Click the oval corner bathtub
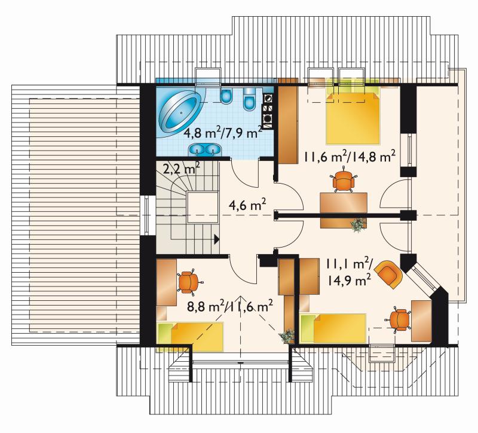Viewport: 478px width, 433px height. click(x=180, y=113)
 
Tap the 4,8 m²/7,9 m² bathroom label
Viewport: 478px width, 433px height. click(x=223, y=133)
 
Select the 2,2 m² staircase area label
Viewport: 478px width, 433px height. click(x=182, y=168)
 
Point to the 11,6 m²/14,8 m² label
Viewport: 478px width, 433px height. click(x=350, y=157)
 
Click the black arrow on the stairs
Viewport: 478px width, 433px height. click(x=217, y=239)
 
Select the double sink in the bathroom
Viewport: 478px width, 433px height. click(x=204, y=150)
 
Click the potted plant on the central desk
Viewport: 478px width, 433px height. click(x=358, y=225)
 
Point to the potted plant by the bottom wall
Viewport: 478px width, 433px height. click(x=287, y=336)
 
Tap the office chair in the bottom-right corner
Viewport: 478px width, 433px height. click(x=399, y=319)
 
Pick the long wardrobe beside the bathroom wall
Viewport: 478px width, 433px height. click(x=288, y=121)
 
